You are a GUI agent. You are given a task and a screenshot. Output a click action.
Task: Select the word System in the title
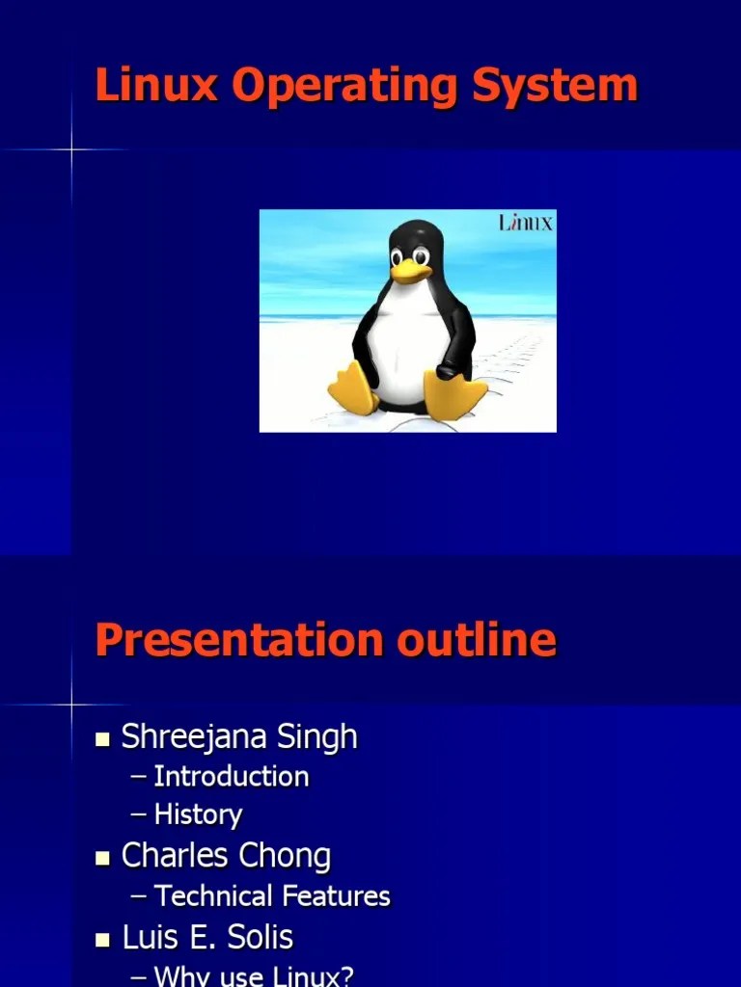click(555, 87)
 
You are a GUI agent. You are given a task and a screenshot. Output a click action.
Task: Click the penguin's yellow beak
click(409, 271)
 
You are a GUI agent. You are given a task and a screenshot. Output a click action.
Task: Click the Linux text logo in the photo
click(526, 223)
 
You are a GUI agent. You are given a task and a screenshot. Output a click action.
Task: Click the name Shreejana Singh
click(238, 737)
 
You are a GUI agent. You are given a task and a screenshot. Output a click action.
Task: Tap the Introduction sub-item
click(232, 777)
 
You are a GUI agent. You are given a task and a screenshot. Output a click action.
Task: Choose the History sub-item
click(198, 815)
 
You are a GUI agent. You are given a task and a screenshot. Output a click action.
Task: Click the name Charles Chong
click(226, 856)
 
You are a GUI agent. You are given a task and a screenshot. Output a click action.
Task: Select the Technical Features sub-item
click(272, 896)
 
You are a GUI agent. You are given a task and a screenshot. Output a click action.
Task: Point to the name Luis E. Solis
click(207, 938)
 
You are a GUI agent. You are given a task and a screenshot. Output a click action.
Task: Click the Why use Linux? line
click(254, 975)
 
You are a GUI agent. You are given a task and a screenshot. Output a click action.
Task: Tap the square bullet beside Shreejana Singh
click(103, 740)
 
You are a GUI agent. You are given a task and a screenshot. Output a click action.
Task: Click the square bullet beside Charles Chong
click(103, 859)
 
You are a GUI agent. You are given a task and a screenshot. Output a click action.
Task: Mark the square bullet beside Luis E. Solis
click(103, 940)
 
